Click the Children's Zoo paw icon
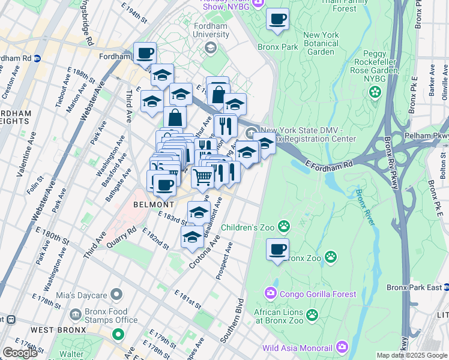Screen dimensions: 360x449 [x=284, y=227]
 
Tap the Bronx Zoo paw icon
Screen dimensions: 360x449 [x=331, y=257]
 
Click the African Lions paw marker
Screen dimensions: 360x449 [x=312, y=314]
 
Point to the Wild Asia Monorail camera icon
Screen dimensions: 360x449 [x=342, y=347]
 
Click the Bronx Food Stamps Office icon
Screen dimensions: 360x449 [x=76, y=314]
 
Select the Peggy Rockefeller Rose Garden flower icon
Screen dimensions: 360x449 [x=375, y=92]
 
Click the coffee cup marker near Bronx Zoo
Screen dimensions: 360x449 [x=277, y=250]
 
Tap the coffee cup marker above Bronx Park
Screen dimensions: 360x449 [x=277, y=19]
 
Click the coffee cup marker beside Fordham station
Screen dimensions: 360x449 [x=145, y=53]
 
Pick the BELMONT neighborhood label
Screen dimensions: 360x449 [x=149, y=204]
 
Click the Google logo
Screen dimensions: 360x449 [x=20, y=353]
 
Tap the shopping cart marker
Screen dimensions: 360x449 [x=203, y=176]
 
